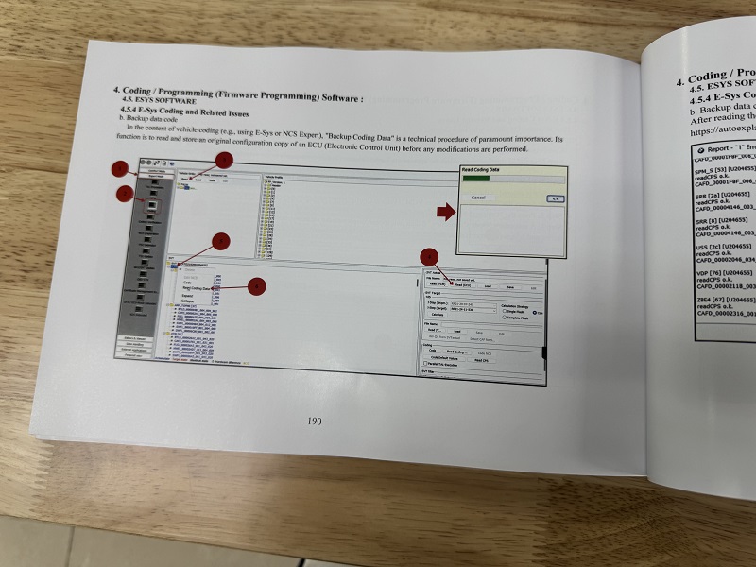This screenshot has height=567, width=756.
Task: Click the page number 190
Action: click(x=315, y=421)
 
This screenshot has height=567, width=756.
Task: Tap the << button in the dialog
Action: click(x=556, y=199)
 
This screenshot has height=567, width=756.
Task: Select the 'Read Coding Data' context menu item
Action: click(x=198, y=289)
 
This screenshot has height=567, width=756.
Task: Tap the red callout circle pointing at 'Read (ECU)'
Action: click(x=429, y=256)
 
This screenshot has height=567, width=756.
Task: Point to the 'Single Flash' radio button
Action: click(x=507, y=311)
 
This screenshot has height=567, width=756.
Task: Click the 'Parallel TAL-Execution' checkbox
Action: click(x=427, y=366)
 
